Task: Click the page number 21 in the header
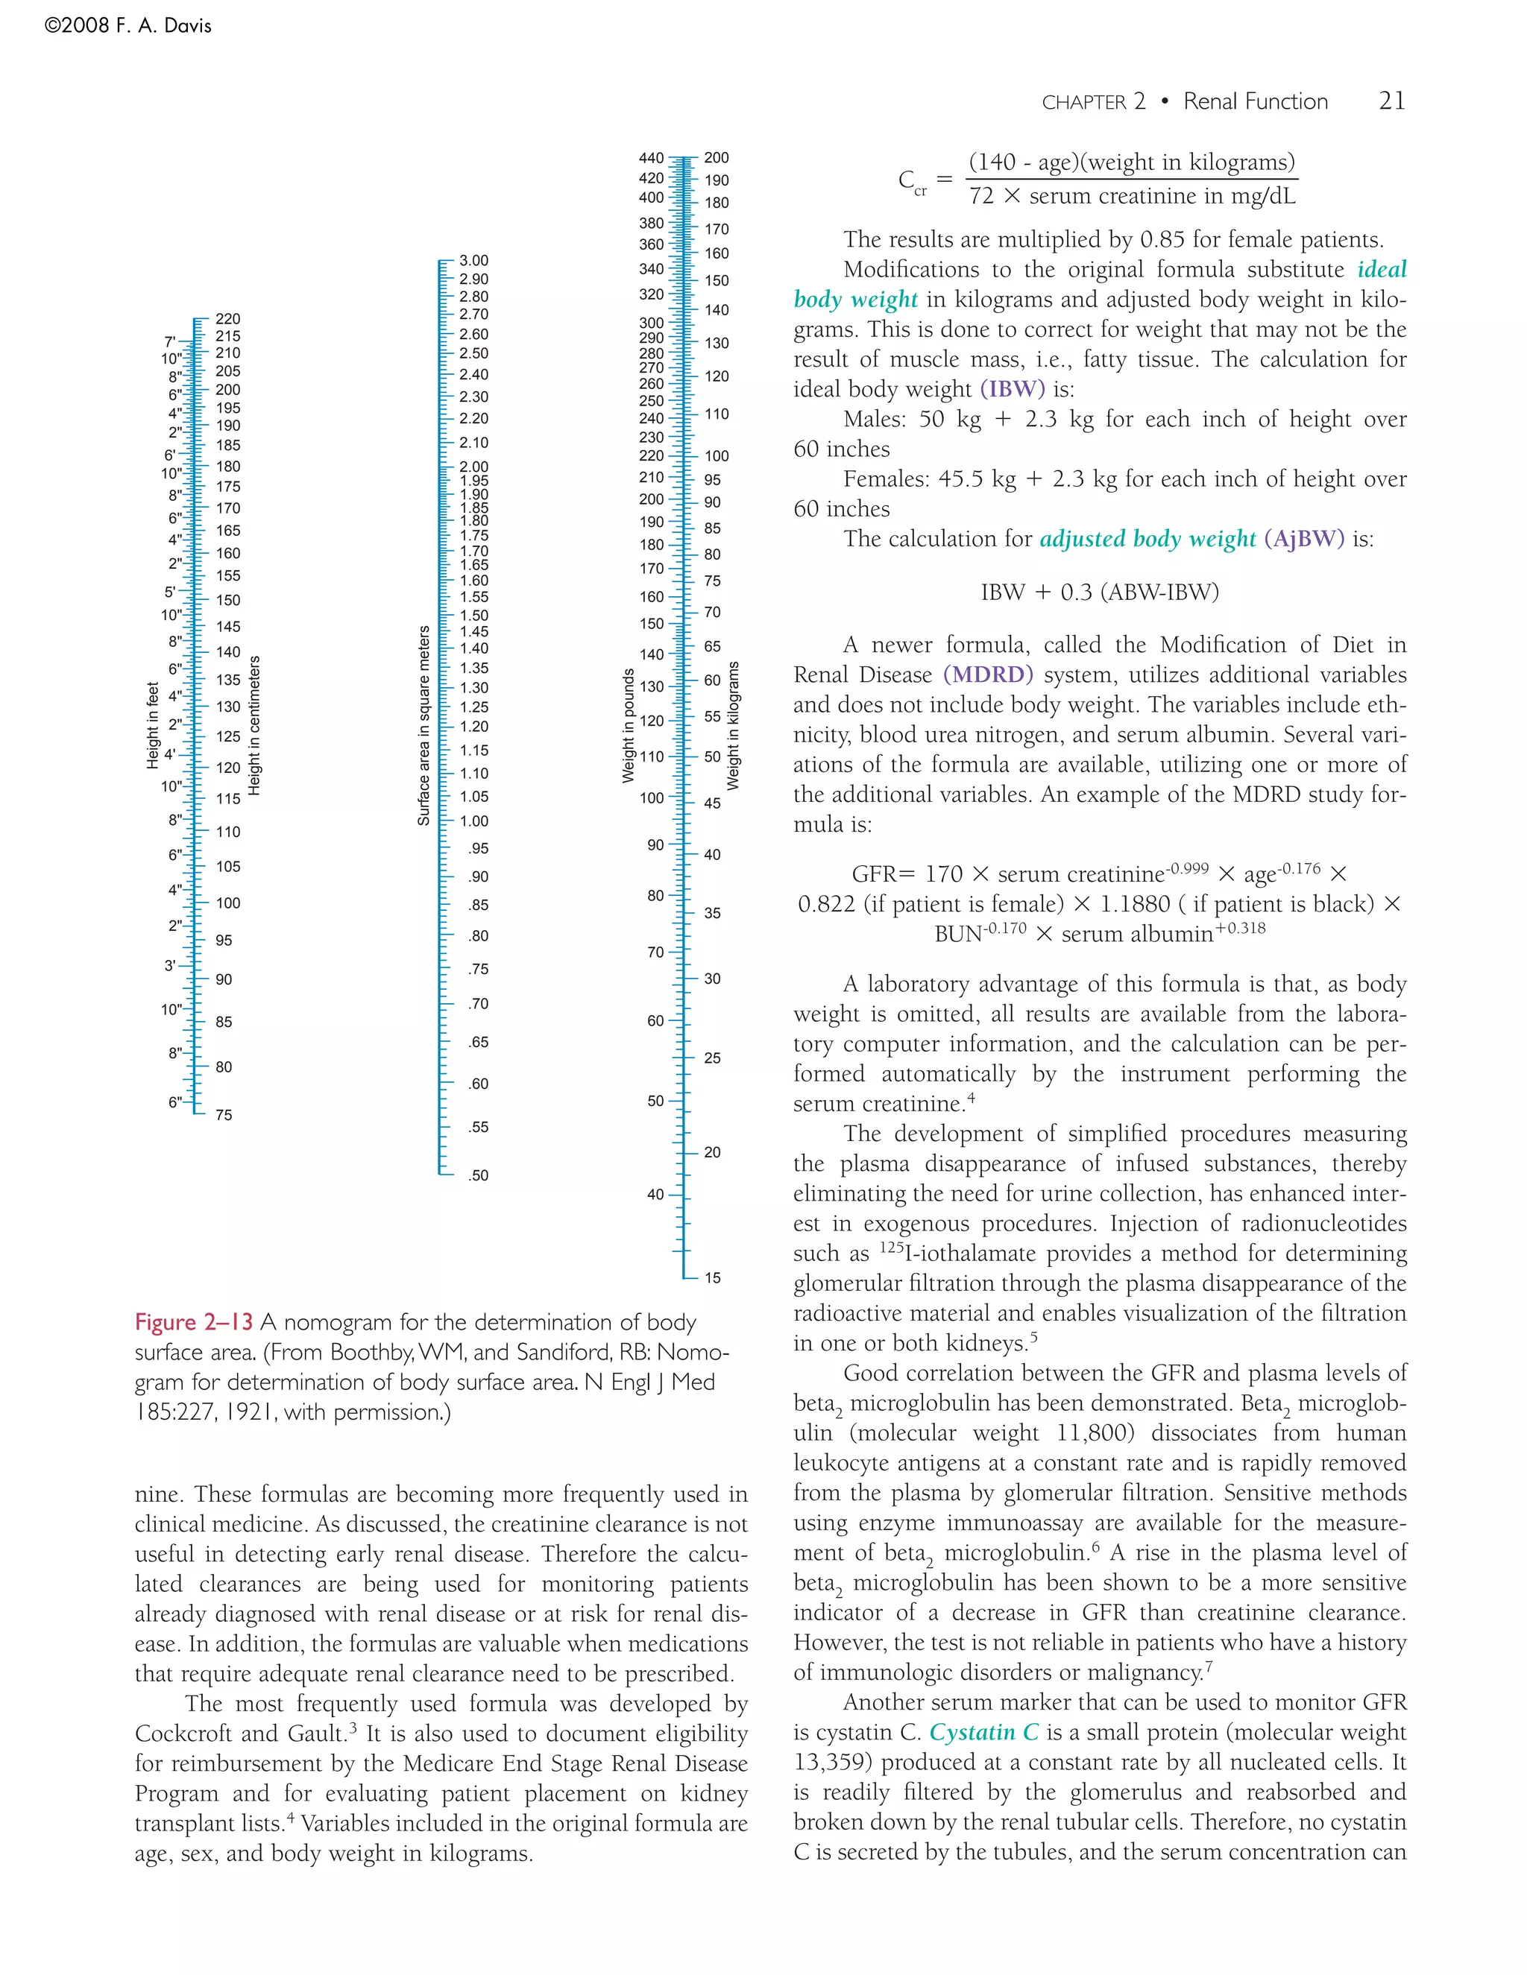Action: point(1391,101)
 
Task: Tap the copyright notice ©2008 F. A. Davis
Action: point(127,26)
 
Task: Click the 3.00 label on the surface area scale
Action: point(473,260)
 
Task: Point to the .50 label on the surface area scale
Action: point(478,1175)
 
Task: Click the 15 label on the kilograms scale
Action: point(713,1277)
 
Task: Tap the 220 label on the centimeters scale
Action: point(228,318)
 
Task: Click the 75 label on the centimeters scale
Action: point(224,1115)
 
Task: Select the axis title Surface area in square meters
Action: point(424,725)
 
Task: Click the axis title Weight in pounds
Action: point(628,725)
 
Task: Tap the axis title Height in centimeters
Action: point(254,725)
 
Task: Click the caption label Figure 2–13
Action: point(194,1322)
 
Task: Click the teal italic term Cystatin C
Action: point(984,1732)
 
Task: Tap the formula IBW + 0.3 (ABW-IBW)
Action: point(1099,592)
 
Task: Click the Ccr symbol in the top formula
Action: point(911,181)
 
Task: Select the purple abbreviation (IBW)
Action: point(1013,390)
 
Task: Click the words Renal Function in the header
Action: point(1255,101)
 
